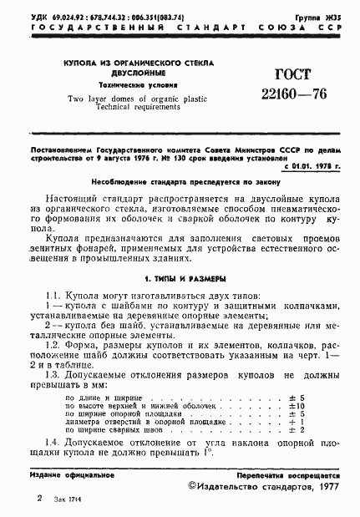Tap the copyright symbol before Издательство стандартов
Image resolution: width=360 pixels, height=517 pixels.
click(193, 484)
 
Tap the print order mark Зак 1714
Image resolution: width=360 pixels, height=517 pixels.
click(63, 499)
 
